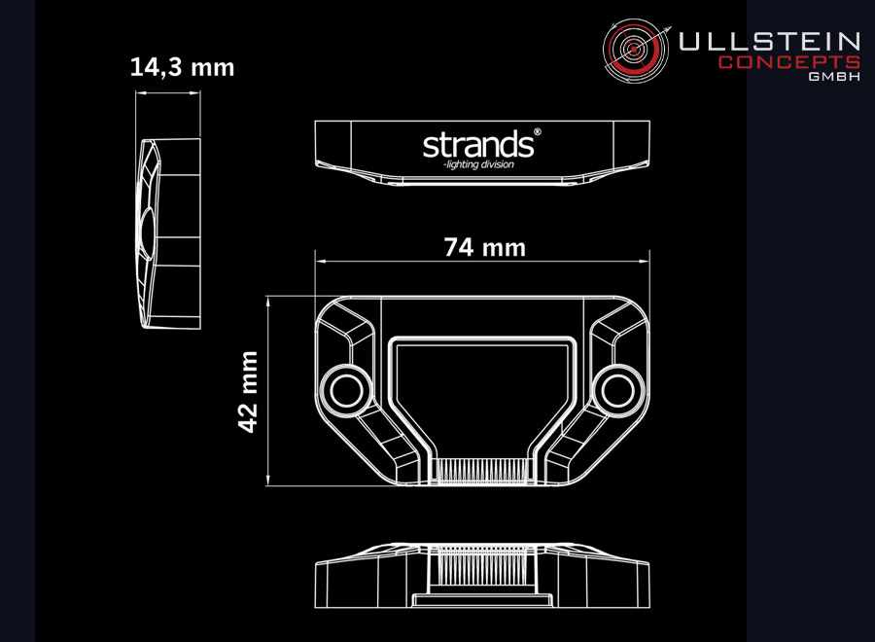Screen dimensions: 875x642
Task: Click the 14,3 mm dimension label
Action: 182,67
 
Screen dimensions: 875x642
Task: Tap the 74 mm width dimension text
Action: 485,247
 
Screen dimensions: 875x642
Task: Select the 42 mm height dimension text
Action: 248,391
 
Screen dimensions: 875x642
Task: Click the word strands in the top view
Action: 478,144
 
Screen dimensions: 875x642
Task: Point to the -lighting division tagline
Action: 478,164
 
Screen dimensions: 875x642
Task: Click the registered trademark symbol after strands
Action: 538,132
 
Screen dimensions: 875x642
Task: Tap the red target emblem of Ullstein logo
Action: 636,51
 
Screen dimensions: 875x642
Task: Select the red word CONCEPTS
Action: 789,62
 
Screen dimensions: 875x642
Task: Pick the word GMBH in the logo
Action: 834,77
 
